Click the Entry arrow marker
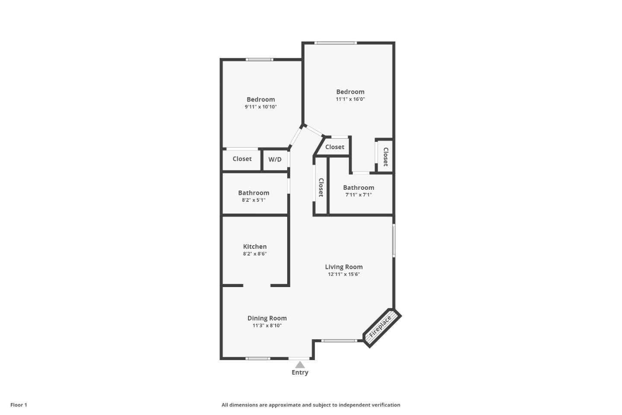[300, 365]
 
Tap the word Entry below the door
[300, 373]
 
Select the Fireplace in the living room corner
[381, 327]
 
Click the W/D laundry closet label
[275, 160]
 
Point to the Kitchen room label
[255, 246]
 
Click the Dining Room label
[267, 318]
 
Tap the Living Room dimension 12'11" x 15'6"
[344, 274]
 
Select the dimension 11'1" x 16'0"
[350, 99]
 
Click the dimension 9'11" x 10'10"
[260, 107]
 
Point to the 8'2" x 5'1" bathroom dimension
[254, 200]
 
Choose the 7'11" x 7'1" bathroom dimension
[359, 195]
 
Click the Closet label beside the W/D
[242, 159]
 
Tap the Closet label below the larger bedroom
[335, 147]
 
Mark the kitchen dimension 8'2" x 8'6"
[255, 254]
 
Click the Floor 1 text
[19, 405]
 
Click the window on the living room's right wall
[394, 240]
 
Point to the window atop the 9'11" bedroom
[260, 59]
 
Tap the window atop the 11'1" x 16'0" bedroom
[336, 43]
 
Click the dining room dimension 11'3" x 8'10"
[267, 326]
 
